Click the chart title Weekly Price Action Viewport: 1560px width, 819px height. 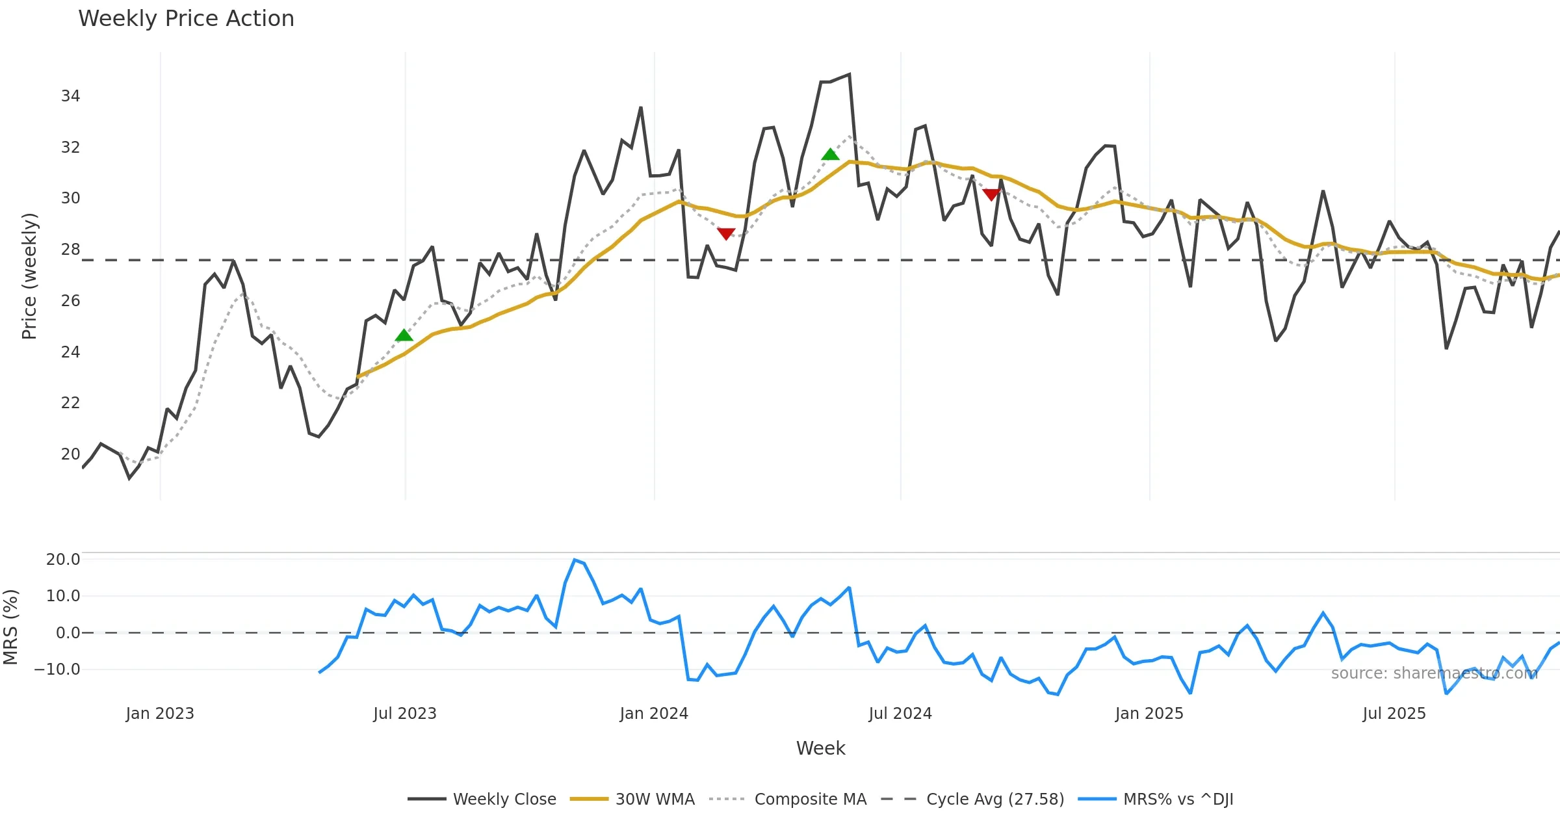[186, 19]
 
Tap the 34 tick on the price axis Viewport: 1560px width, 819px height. [70, 96]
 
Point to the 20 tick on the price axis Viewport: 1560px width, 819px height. [70, 454]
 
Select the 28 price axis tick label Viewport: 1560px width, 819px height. [70, 250]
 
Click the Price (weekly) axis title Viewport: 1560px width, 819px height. [29, 276]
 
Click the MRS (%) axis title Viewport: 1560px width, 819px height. [10, 627]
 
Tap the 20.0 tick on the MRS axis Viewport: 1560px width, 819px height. [63, 560]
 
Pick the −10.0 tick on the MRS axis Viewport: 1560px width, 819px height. [58, 669]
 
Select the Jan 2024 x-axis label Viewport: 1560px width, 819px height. [654, 714]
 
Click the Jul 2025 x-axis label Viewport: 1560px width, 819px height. [1394, 714]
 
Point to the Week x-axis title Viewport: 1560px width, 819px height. [820, 749]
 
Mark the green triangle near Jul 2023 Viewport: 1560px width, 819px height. [404, 335]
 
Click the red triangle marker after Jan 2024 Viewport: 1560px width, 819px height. [726, 233]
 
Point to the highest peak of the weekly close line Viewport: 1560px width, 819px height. [849, 75]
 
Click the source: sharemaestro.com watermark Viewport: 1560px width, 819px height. [1434, 673]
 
